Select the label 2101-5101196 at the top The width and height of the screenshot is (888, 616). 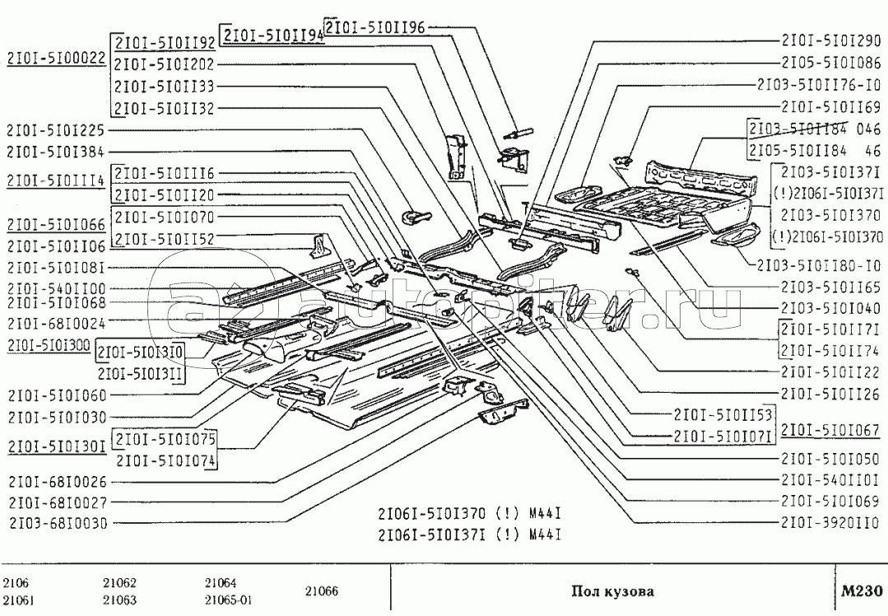coord(375,27)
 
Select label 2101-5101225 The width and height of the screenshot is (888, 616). coord(56,129)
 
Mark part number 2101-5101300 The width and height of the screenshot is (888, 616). coord(46,344)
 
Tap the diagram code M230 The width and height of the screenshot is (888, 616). coord(861,590)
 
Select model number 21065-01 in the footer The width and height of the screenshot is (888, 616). coord(229,600)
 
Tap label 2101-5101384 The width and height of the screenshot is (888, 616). coord(56,152)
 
